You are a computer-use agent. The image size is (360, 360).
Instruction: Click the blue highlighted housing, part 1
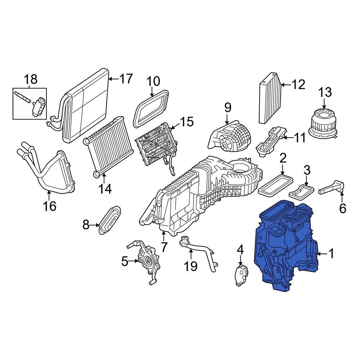[284, 245]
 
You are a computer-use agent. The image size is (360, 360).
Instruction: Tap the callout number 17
[126, 79]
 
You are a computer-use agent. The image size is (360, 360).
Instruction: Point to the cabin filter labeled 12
[269, 97]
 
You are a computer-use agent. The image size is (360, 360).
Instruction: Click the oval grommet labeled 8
[109, 220]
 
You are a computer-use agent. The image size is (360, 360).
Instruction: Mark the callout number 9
[227, 108]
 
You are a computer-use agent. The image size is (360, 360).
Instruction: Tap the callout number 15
[186, 122]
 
